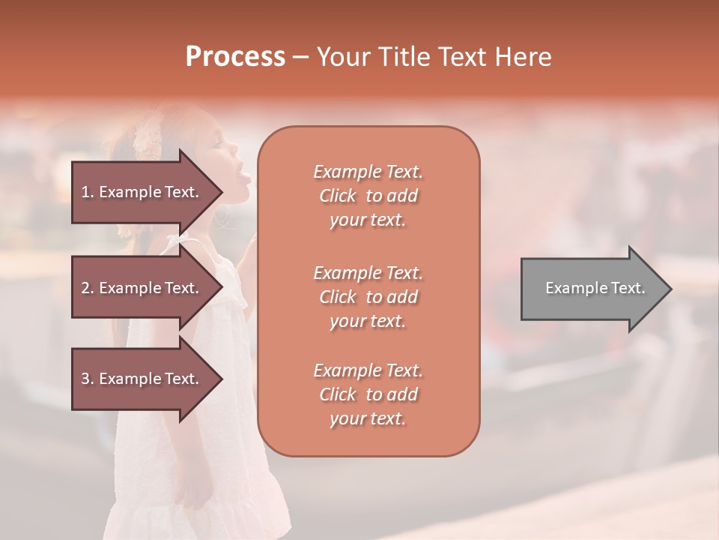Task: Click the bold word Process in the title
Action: tap(235, 57)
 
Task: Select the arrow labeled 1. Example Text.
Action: tap(142, 192)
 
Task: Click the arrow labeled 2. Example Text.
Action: tap(142, 288)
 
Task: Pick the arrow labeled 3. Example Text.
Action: tap(142, 379)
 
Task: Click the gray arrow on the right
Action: tap(592, 288)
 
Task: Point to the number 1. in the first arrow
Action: tap(88, 192)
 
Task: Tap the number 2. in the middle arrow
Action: tap(88, 288)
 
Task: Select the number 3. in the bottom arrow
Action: tap(88, 379)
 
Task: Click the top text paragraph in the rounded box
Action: tap(368, 196)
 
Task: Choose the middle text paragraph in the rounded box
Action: tap(368, 297)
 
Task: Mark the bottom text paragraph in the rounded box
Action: tap(368, 394)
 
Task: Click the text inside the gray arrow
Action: tap(595, 288)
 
